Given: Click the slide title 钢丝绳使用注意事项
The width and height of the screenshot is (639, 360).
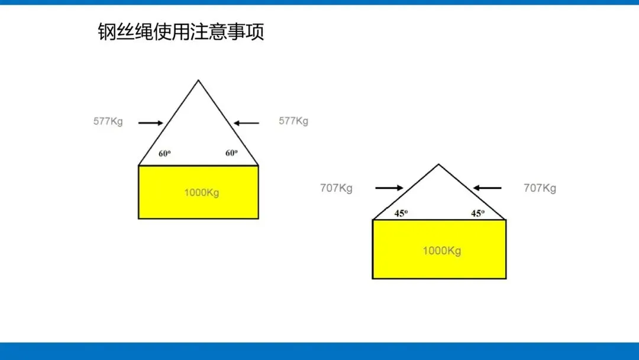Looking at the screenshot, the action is pyautogui.click(x=180, y=32).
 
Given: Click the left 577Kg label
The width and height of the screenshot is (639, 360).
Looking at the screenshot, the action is pyautogui.click(x=108, y=122).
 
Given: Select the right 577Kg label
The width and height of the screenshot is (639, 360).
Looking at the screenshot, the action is pyautogui.click(x=293, y=121).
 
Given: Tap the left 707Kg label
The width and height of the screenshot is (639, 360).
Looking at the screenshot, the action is pyautogui.click(x=337, y=188).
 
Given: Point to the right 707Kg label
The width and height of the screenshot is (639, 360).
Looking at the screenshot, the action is pyautogui.click(x=540, y=188).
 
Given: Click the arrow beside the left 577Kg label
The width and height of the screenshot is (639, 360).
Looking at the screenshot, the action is pyautogui.click(x=150, y=123).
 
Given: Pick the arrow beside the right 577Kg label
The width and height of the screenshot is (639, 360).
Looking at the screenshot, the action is pyautogui.click(x=246, y=123).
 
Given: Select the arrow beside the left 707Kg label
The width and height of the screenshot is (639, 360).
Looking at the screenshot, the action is pyautogui.click(x=389, y=188).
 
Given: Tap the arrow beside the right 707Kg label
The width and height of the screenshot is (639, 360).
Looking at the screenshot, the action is pyautogui.click(x=487, y=188).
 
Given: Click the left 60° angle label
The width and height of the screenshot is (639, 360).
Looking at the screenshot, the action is pyautogui.click(x=164, y=153).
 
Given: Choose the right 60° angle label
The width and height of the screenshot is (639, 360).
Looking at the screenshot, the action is pyautogui.click(x=231, y=153).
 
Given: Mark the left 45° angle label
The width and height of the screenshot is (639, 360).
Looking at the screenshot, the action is pyautogui.click(x=401, y=214).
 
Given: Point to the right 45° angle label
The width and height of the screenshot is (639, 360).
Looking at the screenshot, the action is pyautogui.click(x=477, y=214).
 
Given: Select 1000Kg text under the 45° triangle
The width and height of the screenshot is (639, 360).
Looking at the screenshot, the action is pyautogui.click(x=441, y=250).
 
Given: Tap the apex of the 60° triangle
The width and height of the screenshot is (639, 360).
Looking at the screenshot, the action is pyautogui.click(x=198, y=81).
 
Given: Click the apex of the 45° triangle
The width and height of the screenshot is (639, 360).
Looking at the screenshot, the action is pyautogui.click(x=438, y=165).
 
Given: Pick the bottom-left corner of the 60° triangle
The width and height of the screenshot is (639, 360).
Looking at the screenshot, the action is pyautogui.click(x=138, y=165).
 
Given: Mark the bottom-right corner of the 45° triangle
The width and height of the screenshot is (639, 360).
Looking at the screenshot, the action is pyautogui.click(x=505, y=220).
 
